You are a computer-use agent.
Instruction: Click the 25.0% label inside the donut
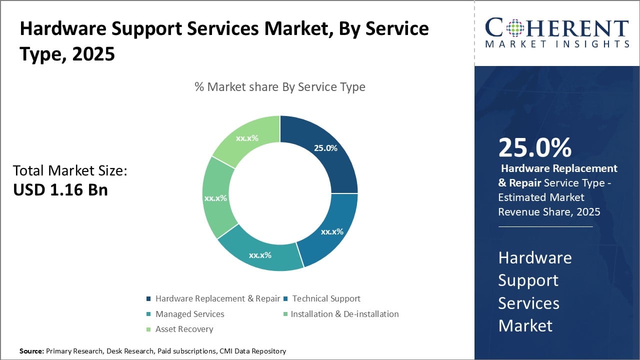pos(325,148)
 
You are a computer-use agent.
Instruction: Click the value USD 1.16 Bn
pos(60,189)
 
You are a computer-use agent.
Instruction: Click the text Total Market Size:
pos(70,170)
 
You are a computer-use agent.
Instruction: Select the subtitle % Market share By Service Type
pos(279,86)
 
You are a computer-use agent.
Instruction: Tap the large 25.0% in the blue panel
pos(534,147)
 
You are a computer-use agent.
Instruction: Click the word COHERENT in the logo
pos(557,28)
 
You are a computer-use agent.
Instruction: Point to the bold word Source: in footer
pos(31,351)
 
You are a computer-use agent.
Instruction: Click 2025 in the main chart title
pos(93,53)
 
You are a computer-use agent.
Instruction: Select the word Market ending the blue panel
pos(525,325)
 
